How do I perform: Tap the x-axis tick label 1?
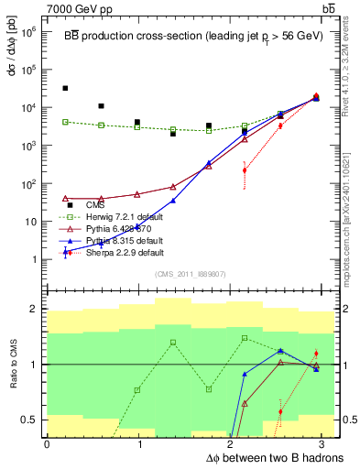[140, 444]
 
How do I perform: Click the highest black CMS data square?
[65, 88]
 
